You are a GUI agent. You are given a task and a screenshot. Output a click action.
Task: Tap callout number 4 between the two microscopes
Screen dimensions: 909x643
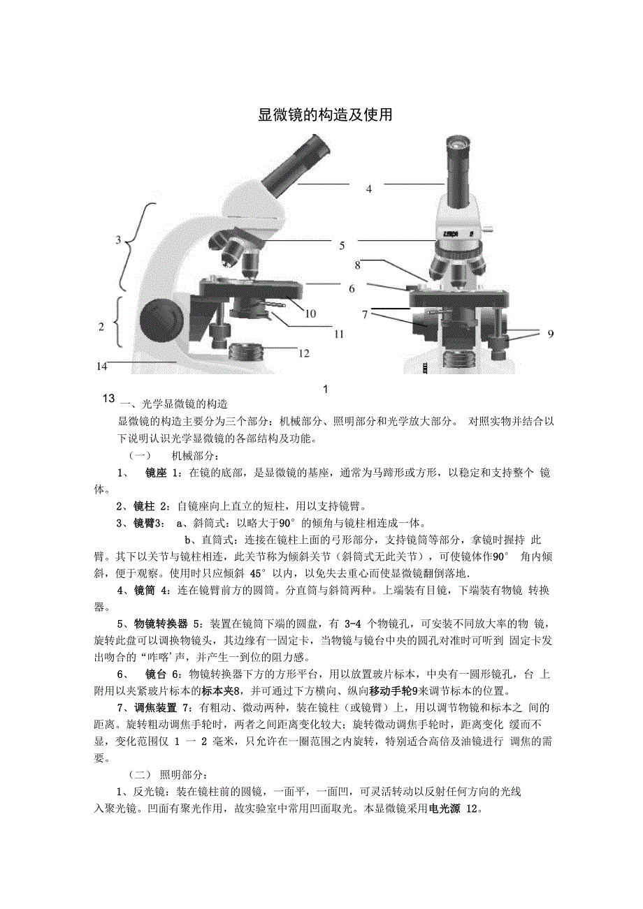click(368, 189)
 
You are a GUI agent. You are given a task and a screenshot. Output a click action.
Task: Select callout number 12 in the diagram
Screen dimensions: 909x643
click(304, 353)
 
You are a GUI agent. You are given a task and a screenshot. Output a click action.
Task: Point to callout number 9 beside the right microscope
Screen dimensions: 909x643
click(550, 334)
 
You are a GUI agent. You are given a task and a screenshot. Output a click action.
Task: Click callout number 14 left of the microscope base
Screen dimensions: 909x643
click(102, 364)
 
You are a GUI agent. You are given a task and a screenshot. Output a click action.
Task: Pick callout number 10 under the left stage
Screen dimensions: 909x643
click(310, 313)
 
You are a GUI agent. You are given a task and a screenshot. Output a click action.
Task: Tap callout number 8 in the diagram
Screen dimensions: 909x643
click(357, 265)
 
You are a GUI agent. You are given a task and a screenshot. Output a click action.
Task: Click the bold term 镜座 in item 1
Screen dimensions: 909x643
click(156, 473)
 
